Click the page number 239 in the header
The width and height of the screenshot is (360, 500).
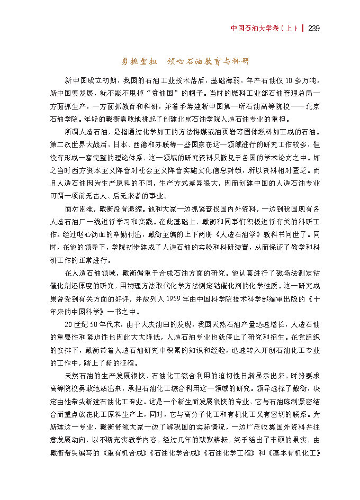tap(313, 28)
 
